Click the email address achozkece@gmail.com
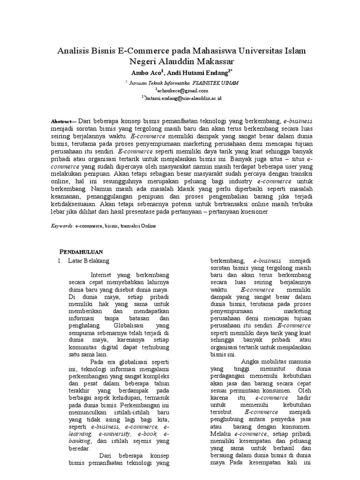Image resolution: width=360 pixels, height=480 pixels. coord(180,90)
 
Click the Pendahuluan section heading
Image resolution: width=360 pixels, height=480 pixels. coord(83,251)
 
